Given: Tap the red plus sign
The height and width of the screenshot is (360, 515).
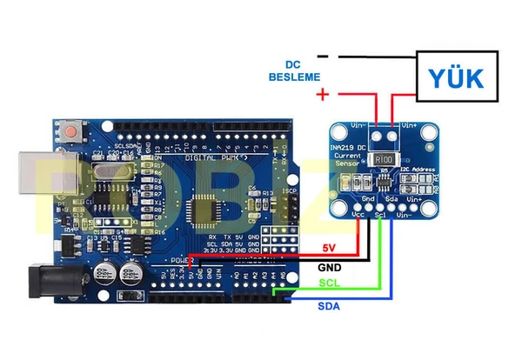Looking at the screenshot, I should click(323, 94).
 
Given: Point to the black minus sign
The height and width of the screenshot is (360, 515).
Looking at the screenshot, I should click(323, 57).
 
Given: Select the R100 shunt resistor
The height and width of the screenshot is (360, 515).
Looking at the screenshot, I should click(385, 159).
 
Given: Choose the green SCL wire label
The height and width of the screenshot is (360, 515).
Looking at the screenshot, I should click(329, 284).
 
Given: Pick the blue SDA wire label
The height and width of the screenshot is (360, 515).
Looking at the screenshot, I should click(328, 305).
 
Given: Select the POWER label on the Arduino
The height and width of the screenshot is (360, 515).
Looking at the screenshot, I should click(179, 260).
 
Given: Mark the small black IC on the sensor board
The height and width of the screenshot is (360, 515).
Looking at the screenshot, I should click(383, 181).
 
